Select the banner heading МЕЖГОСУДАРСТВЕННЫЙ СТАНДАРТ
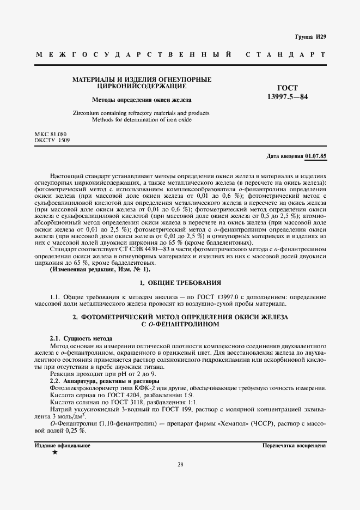(180, 56)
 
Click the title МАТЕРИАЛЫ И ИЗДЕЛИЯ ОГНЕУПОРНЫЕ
(142, 80)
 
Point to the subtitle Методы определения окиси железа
(142, 100)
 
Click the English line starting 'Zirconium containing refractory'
(141, 113)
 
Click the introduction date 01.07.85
(315, 156)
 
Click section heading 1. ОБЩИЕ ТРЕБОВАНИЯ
(180, 283)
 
